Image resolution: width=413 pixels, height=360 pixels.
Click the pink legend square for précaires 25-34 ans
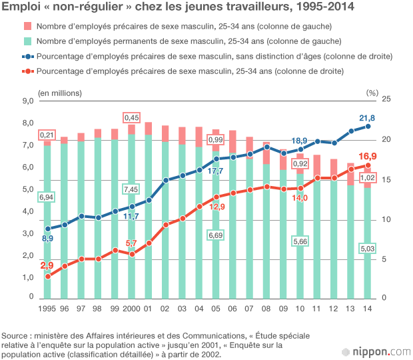tap(28, 26)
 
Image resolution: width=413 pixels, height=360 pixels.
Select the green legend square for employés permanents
tap(28, 41)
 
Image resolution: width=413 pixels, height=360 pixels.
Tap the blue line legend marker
tap(27, 56)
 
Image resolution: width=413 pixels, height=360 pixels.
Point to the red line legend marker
tap(27, 71)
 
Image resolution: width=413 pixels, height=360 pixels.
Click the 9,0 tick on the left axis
tap(28, 101)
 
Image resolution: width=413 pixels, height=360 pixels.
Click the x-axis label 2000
tap(131, 309)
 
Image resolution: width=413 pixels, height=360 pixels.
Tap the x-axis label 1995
tap(47, 309)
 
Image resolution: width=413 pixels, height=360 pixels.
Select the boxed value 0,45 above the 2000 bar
tap(131, 117)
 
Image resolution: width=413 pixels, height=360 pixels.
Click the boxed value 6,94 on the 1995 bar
tap(47, 197)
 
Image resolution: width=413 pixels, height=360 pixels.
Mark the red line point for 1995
tap(47, 276)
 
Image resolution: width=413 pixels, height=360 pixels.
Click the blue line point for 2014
tap(368, 127)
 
